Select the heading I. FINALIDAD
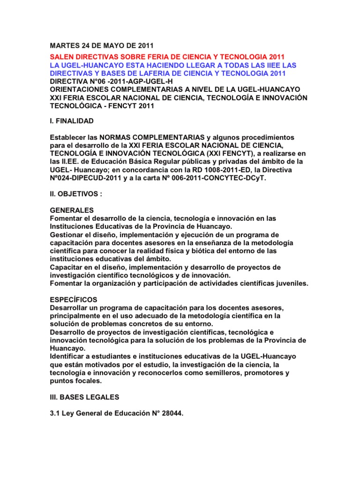(x=72, y=121)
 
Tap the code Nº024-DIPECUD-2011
(x=88, y=179)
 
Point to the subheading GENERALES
(x=72, y=210)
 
